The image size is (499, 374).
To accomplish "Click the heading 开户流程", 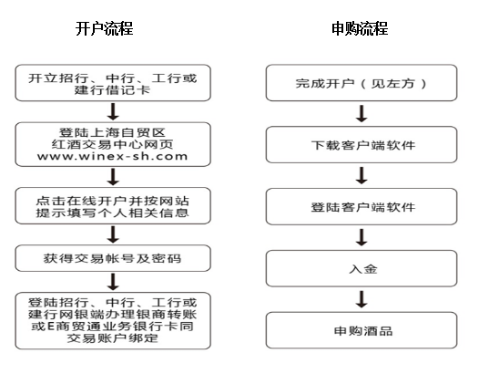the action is point(105,28).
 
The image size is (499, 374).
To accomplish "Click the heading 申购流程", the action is point(360,28).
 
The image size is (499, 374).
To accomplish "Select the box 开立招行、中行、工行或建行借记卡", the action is point(113,83).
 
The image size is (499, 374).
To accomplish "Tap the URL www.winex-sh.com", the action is point(112,156).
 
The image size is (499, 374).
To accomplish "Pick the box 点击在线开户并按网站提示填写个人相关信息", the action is point(113,205).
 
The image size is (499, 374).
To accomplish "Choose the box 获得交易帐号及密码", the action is point(113,258).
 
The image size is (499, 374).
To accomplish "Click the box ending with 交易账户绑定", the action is point(113,320).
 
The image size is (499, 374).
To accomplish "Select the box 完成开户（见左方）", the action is point(362,83).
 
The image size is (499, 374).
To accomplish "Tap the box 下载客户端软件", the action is point(362,145).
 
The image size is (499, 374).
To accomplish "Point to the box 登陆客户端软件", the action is point(362,206).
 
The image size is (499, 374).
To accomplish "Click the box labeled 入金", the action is point(362,268).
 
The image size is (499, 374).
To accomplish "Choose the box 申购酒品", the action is point(362,330).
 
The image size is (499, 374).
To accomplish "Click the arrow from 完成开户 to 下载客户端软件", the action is point(362,114).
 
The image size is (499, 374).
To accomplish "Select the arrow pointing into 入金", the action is point(362,237).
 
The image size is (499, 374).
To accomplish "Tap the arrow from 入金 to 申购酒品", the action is point(362,299).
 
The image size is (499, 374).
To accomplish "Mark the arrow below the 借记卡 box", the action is point(113,111).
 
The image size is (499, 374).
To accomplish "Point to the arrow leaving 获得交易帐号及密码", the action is point(113,282).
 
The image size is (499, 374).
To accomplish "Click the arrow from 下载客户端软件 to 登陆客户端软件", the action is point(362,176).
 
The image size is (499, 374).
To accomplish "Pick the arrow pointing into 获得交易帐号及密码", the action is point(113,234).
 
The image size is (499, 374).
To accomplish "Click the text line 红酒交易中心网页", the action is point(112,144).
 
